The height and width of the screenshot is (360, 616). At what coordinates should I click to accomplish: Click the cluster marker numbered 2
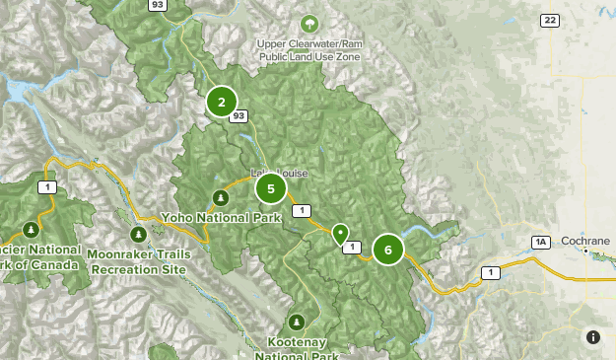click(x=222, y=102)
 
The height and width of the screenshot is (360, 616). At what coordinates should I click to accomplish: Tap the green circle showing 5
click(x=270, y=187)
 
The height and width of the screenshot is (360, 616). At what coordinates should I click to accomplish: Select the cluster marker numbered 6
click(x=388, y=251)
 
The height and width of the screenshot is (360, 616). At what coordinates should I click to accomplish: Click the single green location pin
click(x=340, y=234)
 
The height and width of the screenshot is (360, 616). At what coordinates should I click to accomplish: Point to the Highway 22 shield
click(x=550, y=21)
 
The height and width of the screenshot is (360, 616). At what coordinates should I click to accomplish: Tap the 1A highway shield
click(x=540, y=242)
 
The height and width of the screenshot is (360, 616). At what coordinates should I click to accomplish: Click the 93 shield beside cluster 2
click(x=239, y=116)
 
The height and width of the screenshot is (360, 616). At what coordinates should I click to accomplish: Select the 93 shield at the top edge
click(x=157, y=5)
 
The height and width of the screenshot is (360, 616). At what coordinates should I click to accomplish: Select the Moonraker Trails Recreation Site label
click(x=138, y=261)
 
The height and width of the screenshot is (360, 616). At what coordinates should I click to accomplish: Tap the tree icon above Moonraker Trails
click(x=139, y=235)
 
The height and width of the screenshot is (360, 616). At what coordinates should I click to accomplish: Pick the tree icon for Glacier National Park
click(x=32, y=231)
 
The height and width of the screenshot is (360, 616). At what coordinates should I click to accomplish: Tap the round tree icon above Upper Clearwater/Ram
click(x=311, y=24)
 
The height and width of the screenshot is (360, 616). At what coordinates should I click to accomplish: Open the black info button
click(x=592, y=337)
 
